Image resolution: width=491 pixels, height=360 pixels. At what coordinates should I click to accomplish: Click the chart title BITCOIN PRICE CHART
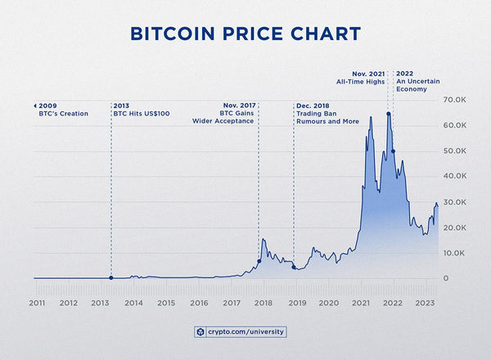pos(245,34)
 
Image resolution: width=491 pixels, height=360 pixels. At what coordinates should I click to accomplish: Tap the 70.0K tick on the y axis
pos(454,100)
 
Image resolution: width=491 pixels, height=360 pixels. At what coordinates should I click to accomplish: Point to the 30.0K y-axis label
pos(454,202)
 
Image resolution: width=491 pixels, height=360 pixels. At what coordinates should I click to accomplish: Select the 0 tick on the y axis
pos(445,279)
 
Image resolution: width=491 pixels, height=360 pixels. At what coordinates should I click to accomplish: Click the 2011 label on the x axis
pos(37,303)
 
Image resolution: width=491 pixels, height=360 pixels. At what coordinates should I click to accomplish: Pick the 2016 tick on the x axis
pos(199,303)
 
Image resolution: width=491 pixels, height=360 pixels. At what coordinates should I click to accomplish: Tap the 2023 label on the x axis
pos(426,303)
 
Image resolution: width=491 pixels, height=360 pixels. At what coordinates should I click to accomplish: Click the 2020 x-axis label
pos(328,303)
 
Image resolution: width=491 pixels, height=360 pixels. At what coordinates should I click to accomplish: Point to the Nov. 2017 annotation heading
pos(238,106)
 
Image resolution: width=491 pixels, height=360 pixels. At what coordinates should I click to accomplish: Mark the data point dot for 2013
pos(110,278)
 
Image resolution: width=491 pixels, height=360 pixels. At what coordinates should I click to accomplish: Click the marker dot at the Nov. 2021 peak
pos(388,114)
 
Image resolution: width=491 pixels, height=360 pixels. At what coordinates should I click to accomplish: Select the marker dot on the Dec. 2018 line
pos(294,268)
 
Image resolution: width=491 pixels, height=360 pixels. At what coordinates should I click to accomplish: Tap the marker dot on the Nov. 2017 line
pos(259,261)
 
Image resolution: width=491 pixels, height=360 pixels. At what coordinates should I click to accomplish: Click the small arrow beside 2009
pos(35,106)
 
